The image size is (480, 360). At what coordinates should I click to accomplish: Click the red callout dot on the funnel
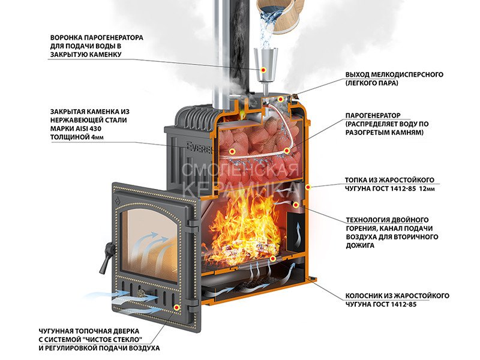click(x=264, y=71)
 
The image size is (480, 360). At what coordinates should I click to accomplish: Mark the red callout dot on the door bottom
click(x=177, y=306)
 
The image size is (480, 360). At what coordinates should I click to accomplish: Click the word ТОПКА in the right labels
click(x=357, y=179)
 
